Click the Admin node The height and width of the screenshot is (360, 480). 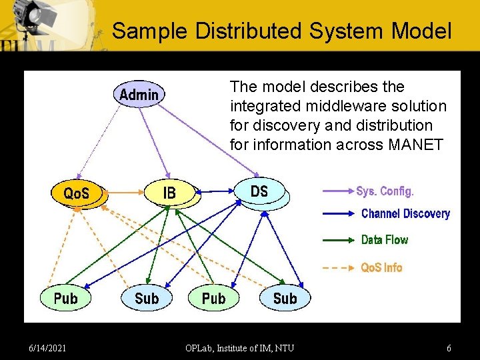(x=139, y=95)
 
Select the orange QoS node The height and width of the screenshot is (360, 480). (x=77, y=193)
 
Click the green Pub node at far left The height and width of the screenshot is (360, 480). (x=65, y=298)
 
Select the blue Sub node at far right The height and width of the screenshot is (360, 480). (x=285, y=298)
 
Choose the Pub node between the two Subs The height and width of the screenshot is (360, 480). (x=213, y=298)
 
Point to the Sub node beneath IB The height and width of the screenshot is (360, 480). (x=147, y=298)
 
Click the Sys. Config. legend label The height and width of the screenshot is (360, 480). (x=385, y=191)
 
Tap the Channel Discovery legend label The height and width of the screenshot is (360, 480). (x=405, y=214)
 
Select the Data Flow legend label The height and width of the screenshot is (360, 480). (x=384, y=239)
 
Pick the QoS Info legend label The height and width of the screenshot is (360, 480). (x=381, y=267)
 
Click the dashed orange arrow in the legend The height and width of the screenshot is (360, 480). (x=338, y=268)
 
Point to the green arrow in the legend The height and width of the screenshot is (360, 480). (x=338, y=240)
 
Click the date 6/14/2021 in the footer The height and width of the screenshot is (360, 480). (x=47, y=348)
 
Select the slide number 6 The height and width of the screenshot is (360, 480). (x=449, y=348)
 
